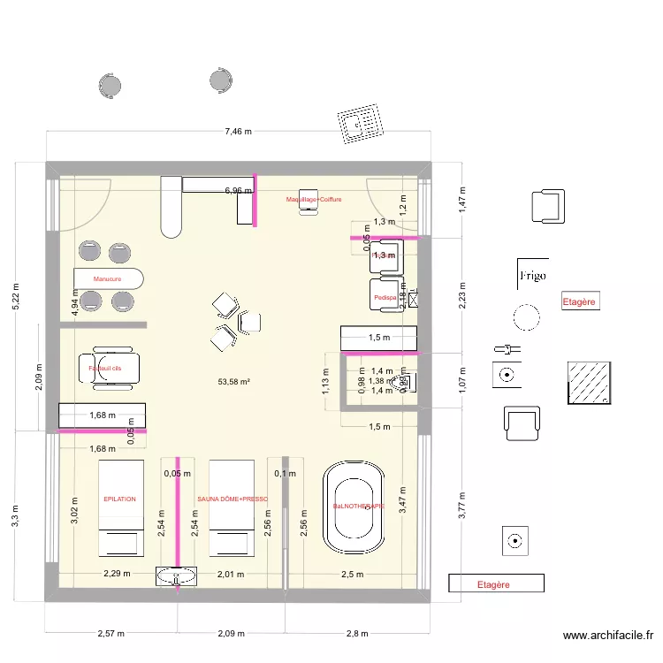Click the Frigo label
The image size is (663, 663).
point(532,275)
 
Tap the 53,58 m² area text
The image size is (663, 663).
point(233,382)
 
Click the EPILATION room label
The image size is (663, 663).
point(119,499)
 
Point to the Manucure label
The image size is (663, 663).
point(106,278)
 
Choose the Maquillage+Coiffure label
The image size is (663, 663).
point(313,200)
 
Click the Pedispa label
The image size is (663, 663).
point(384,298)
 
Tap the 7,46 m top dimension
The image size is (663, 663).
point(238,132)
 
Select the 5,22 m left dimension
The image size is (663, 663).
point(14,295)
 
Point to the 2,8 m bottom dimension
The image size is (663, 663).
point(357,634)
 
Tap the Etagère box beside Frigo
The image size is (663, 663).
point(580,301)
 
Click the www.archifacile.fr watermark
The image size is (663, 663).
point(610,636)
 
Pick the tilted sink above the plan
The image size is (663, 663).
point(363,121)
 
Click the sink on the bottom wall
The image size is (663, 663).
point(177,577)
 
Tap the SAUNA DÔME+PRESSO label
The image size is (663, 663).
point(232,499)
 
